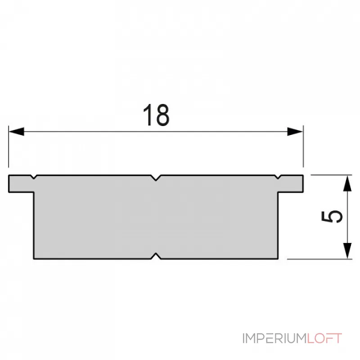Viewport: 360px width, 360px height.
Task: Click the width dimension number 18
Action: tap(156, 115)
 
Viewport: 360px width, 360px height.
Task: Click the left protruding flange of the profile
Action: tap(20, 184)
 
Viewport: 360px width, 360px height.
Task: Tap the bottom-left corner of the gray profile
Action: tap(34, 259)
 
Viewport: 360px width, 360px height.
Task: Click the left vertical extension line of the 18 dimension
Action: tap(9, 148)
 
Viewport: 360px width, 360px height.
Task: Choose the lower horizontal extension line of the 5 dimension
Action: tap(319, 259)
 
